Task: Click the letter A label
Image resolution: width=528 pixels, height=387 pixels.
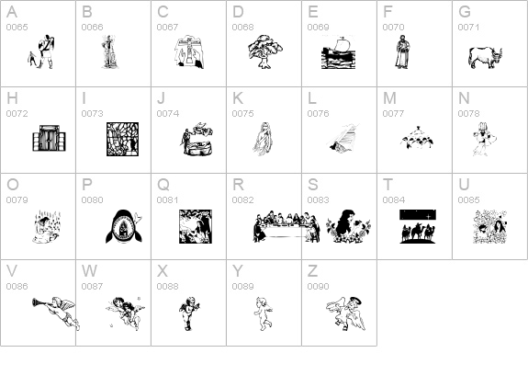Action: (12, 12)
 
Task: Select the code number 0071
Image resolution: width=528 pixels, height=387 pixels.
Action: (468, 28)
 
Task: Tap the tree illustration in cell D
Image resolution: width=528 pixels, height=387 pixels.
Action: (265, 51)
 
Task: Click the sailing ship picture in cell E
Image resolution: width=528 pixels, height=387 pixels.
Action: (338, 51)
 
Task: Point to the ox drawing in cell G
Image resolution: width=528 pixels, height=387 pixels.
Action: (485, 58)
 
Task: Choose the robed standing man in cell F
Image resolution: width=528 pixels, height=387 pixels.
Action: (401, 51)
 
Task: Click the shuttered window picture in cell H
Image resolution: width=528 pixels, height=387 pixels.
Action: (50, 138)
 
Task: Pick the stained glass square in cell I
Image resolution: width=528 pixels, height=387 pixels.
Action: (122, 139)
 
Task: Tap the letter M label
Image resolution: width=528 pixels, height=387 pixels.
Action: (389, 98)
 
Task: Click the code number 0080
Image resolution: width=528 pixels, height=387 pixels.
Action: (92, 199)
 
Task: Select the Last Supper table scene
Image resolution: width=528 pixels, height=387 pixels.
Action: (286, 226)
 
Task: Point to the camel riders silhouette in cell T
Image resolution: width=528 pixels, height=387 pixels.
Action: (418, 226)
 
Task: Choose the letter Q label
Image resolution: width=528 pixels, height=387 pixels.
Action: (163, 185)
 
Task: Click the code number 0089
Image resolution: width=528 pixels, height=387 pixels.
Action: (242, 286)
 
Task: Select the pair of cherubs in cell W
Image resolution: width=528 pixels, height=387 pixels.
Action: (125, 313)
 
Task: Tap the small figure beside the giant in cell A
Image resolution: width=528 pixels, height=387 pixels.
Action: (31, 59)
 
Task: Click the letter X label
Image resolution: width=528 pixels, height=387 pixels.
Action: (163, 271)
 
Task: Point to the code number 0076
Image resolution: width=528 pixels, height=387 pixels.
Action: (319, 114)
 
